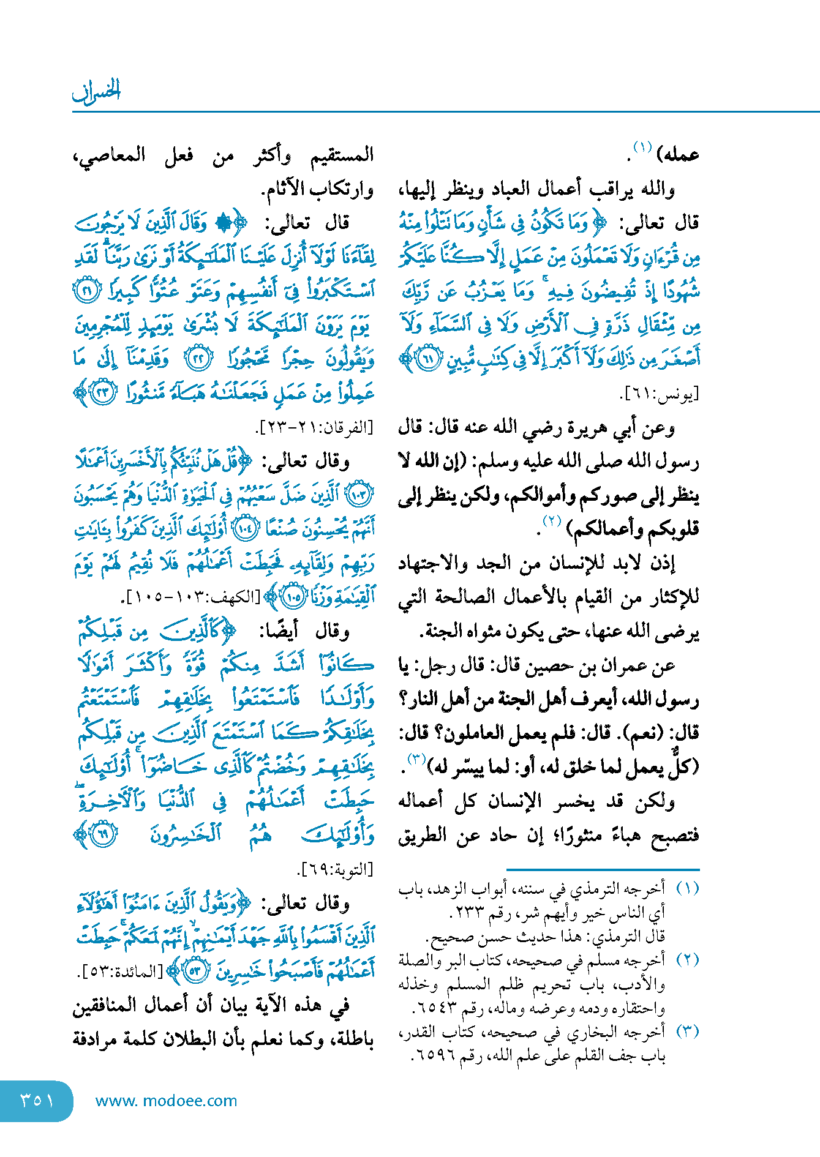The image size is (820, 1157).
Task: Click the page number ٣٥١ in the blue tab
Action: click(37, 1100)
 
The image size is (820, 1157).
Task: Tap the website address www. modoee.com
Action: click(166, 1101)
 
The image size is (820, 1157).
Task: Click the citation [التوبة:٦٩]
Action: click(334, 869)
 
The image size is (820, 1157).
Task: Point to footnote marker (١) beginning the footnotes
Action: click(687, 888)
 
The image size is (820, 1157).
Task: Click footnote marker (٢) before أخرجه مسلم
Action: click(687, 960)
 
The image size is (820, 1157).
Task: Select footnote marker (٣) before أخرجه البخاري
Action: click(687, 1032)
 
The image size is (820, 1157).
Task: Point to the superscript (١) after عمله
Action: click(642, 148)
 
